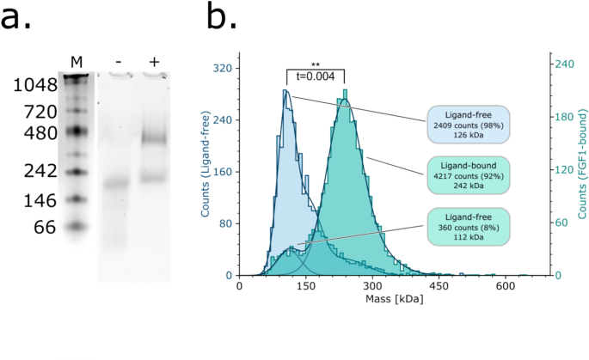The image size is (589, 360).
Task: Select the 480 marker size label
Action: (40, 134)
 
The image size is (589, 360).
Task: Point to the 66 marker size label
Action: (46, 228)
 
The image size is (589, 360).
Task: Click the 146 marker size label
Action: (40, 200)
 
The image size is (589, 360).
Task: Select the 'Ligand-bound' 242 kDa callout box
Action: (469, 176)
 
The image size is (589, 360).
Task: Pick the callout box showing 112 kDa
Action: (469, 229)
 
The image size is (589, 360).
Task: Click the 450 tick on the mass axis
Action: (438, 286)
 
